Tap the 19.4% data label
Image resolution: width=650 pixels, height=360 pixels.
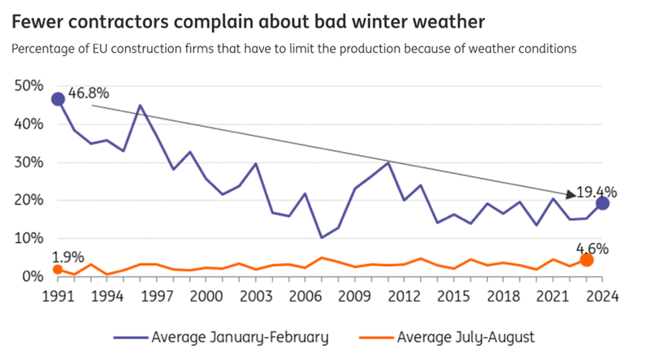coord(596,193)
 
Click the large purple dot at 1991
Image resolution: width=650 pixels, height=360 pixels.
coord(58,99)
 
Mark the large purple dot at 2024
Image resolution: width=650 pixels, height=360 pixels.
coord(602,203)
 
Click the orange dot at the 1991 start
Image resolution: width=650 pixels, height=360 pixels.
coord(58,270)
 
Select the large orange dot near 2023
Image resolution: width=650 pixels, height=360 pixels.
coord(586,260)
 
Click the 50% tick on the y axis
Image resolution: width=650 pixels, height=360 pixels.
coord(28,86)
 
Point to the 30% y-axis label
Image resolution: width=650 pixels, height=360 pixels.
coord(28,163)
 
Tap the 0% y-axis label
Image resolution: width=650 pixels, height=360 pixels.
coord(32,277)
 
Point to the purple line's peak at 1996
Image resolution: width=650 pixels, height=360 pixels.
coord(141,106)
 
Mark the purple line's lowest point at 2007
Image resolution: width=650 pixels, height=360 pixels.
coord(322,237)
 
